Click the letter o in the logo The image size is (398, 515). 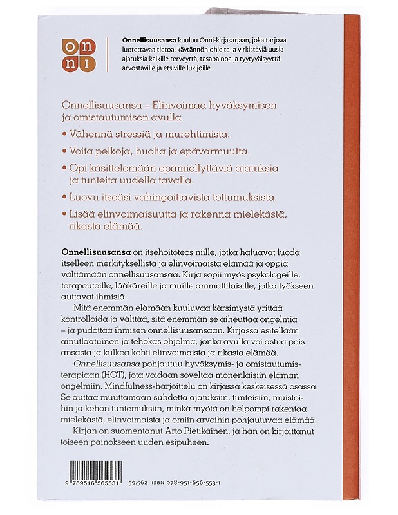coord(69,46)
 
